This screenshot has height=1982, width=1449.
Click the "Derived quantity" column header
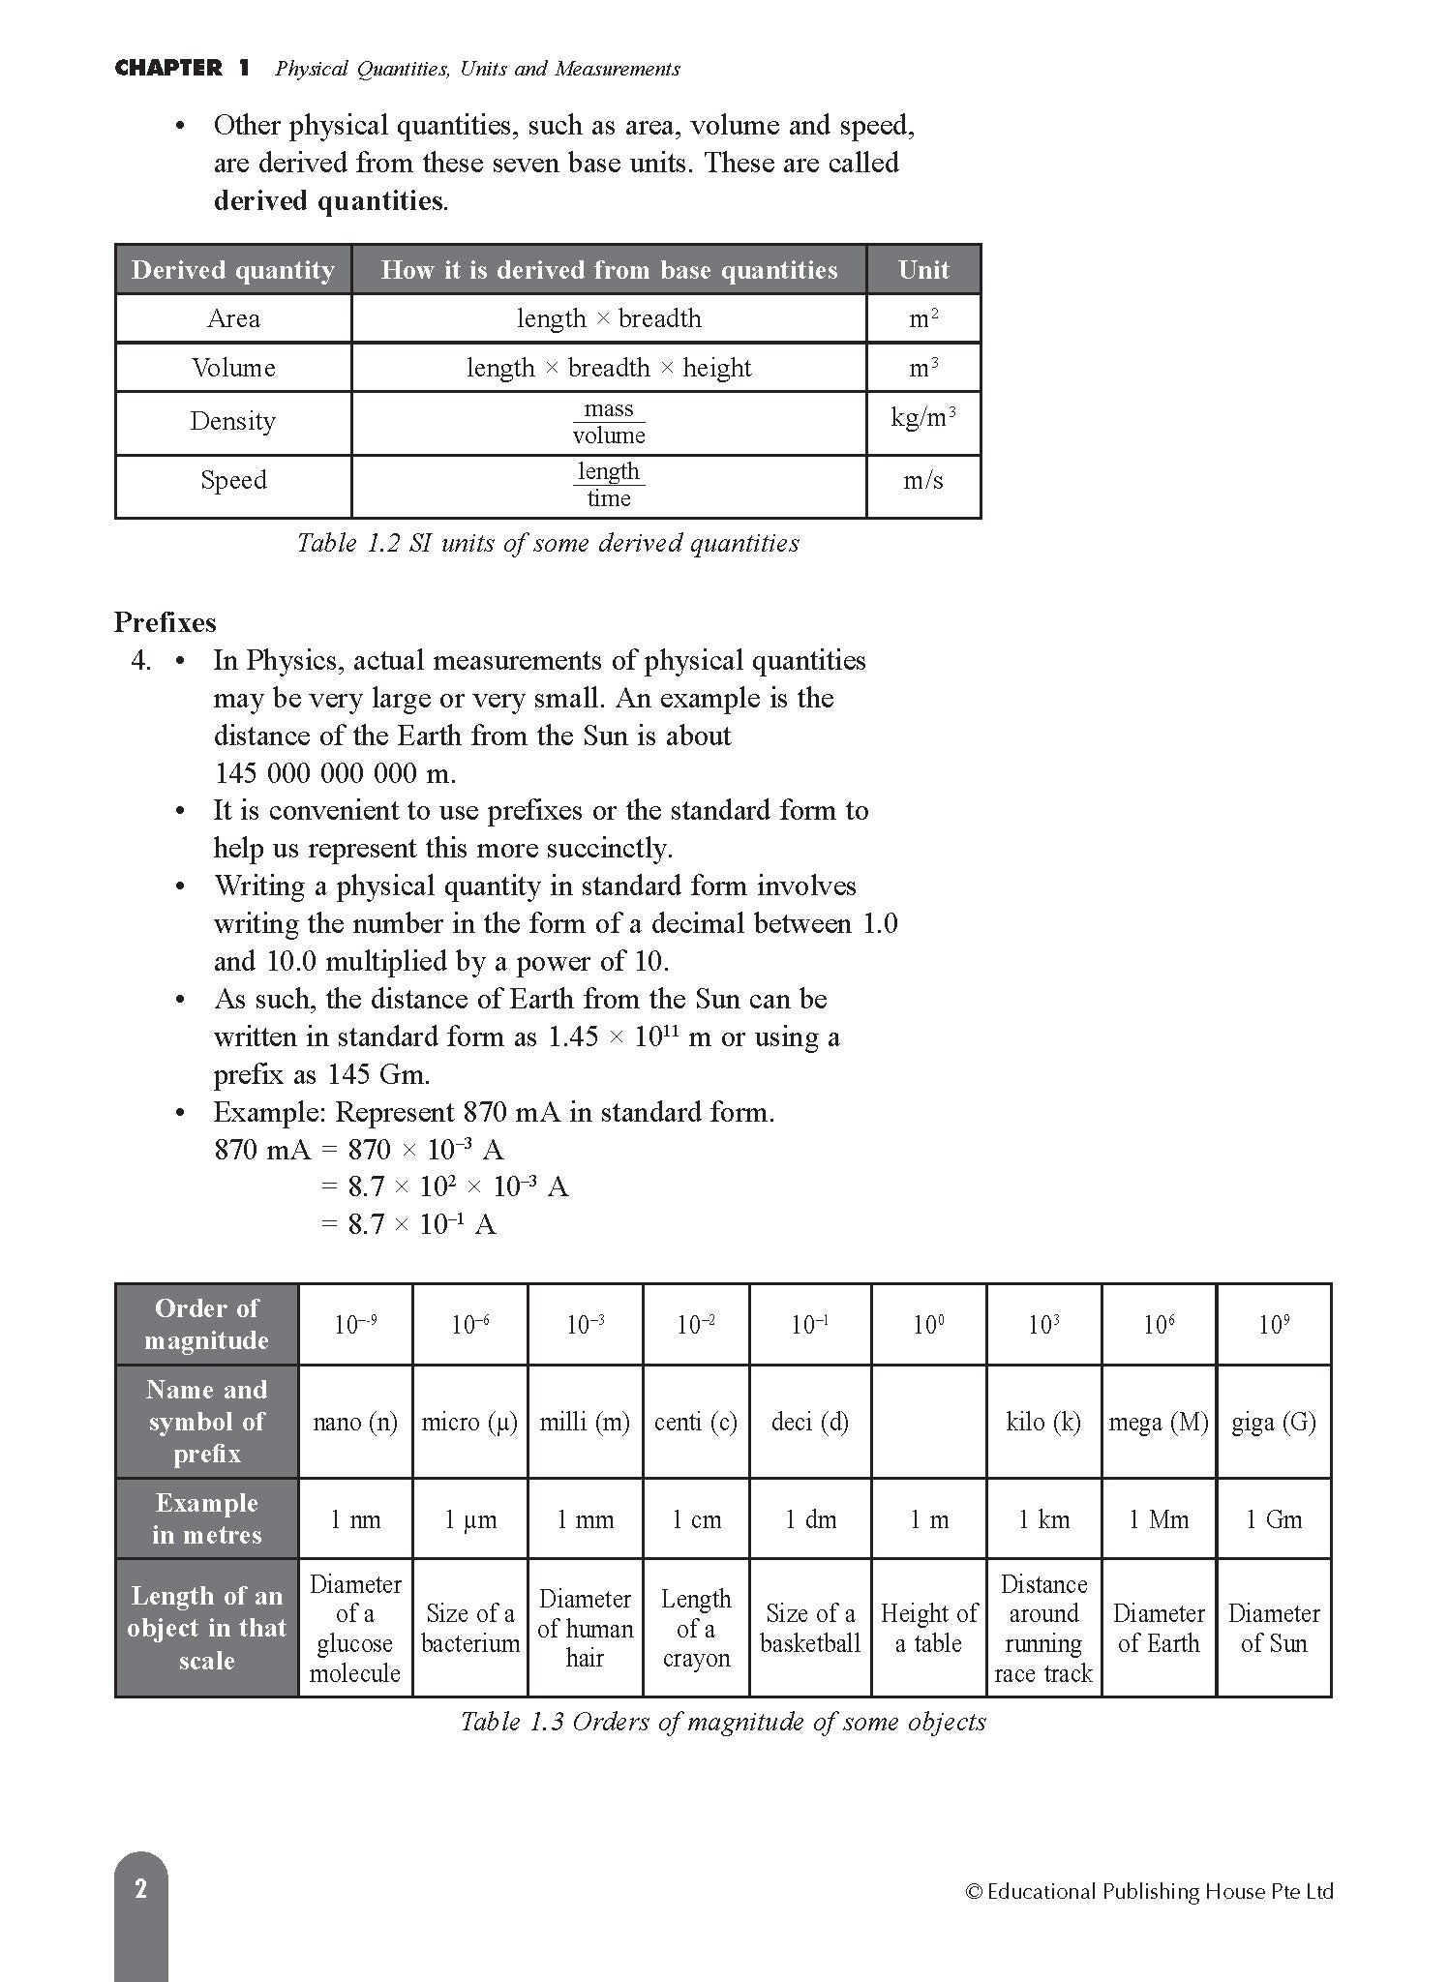click(232, 270)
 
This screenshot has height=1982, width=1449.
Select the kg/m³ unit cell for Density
click(923, 419)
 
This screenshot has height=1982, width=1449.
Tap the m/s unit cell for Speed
click(923, 481)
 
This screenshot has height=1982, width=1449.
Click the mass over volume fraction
click(608, 422)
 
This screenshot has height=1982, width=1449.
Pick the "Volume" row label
click(233, 368)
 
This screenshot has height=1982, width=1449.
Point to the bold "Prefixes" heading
click(166, 622)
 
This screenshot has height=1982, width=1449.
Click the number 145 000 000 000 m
click(334, 773)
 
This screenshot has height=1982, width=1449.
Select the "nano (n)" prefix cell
click(355, 1422)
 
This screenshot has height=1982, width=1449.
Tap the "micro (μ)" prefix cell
click(469, 1422)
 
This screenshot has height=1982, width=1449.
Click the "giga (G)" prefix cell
click(1274, 1422)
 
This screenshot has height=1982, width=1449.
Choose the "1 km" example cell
click(1043, 1519)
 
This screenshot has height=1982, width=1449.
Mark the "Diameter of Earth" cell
click(1159, 1628)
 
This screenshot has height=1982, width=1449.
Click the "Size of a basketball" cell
click(810, 1628)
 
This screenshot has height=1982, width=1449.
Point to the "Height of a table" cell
click(928, 1628)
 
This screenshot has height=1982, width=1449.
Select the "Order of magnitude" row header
click(206, 1324)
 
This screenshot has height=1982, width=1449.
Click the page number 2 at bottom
click(141, 1888)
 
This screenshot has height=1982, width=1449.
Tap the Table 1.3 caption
click(722, 1722)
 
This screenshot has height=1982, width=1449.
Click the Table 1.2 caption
click(548, 543)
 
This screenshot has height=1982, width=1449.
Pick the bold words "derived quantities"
click(329, 201)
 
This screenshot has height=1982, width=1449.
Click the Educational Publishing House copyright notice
click(1149, 1891)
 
